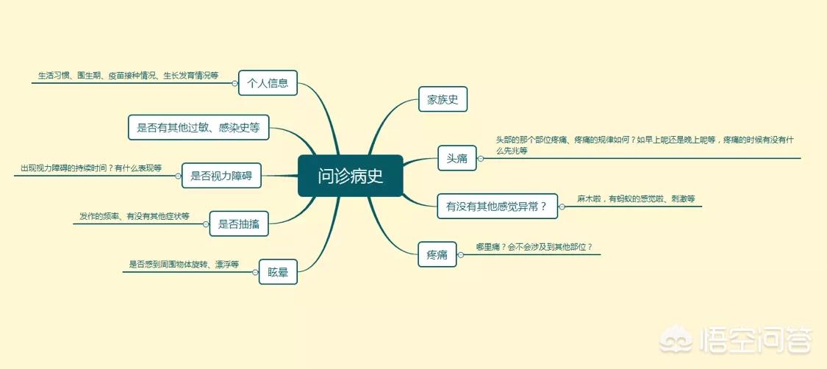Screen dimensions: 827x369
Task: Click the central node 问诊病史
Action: [x=350, y=176]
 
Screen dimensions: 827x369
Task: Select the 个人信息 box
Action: [x=268, y=83]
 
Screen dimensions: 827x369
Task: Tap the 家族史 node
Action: [x=443, y=98]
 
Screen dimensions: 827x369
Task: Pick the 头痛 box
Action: [x=457, y=158]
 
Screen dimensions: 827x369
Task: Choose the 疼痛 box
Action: [x=437, y=254]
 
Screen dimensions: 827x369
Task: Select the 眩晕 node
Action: [x=278, y=272]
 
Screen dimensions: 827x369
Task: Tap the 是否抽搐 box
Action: [x=238, y=223]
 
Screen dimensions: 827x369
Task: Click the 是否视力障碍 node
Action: [x=221, y=176]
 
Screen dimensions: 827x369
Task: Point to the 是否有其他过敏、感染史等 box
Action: [x=198, y=127]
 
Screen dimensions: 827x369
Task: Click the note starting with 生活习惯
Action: [x=128, y=76]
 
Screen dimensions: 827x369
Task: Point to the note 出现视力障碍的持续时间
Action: [x=90, y=168]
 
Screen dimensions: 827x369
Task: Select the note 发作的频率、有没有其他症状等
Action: [x=135, y=216]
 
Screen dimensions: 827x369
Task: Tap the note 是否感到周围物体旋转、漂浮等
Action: [x=184, y=264]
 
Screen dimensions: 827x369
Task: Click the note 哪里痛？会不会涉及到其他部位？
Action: [x=534, y=247]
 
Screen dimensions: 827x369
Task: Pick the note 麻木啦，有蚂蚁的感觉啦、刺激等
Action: [x=636, y=198]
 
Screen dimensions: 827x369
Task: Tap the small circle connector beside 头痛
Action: [x=481, y=158]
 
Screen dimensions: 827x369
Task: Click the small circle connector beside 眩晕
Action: [x=255, y=272]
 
